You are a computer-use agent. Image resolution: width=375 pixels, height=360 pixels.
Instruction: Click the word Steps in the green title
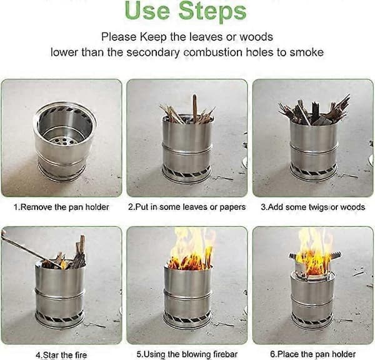[212, 11]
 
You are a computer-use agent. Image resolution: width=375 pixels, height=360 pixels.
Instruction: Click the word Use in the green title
[147, 11]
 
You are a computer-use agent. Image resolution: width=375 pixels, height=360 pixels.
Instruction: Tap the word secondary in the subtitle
[153, 52]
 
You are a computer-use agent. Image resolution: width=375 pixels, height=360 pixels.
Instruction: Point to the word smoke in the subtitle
[307, 52]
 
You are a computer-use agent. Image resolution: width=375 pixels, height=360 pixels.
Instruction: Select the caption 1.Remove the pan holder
[61, 207]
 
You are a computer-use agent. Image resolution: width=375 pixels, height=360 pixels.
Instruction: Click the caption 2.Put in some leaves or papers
[187, 207]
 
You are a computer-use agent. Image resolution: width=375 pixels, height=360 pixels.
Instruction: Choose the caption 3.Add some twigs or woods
[313, 207]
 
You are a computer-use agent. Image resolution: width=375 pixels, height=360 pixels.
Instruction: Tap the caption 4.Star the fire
[61, 355]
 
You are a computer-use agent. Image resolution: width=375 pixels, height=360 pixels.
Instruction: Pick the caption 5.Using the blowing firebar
[187, 354]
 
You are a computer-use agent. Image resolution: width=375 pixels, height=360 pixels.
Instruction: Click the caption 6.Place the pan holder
[313, 354]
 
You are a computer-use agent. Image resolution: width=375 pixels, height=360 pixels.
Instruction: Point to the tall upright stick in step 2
[195, 107]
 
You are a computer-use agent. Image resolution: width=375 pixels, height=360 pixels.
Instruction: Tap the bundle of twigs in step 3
[314, 112]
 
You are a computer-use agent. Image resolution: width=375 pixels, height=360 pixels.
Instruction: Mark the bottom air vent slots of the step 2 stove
[186, 172]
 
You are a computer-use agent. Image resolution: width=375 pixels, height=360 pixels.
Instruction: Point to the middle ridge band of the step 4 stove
[59, 294]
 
